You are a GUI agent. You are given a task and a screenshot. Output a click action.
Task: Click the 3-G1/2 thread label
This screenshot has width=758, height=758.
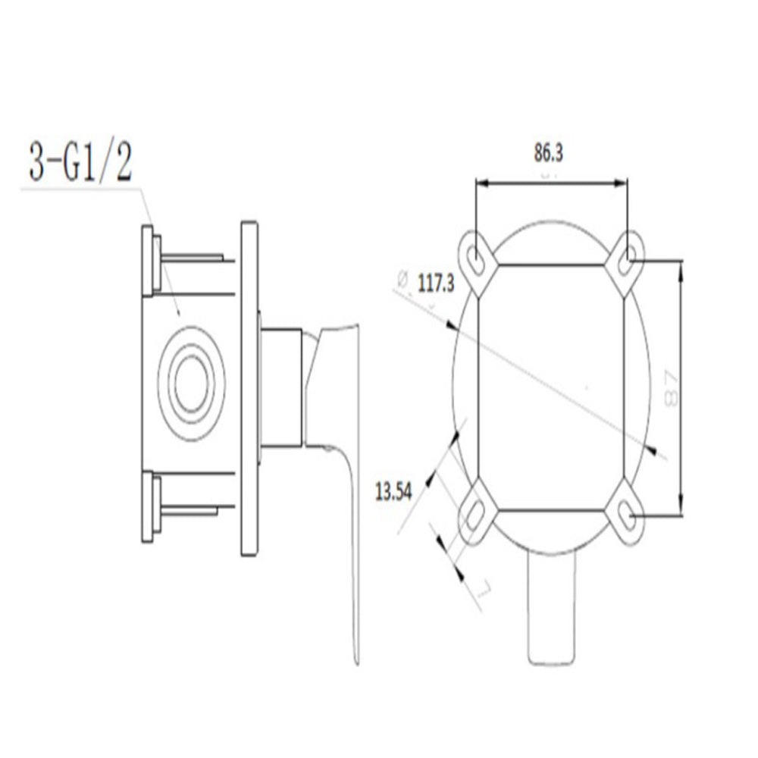coord(80,160)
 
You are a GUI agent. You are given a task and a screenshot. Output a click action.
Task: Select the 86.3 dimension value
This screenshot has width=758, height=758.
coord(548,153)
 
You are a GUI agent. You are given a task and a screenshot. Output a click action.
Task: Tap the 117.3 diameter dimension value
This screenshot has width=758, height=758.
coord(435,285)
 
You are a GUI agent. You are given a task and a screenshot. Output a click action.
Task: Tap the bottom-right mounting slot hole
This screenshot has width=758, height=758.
coord(627,515)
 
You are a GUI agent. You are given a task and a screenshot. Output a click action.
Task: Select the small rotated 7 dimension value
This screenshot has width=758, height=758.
coord(485,588)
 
